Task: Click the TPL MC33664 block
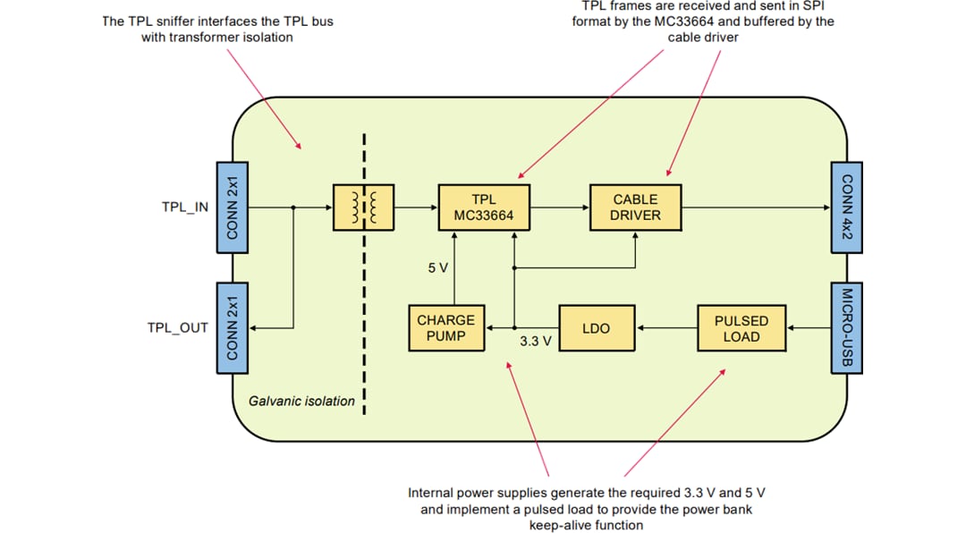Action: pyautogui.click(x=484, y=207)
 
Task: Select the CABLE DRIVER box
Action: pyautogui.click(x=635, y=207)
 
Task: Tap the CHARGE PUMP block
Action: pyautogui.click(x=445, y=328)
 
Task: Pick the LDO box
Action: pyautogui.click(x=596, y=328)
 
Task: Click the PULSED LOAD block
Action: pyautogui.click(x=741, y=328)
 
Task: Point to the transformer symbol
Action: pyautogui.click(x=362, y=207)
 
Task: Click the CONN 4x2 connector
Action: pyautogui.click(x=847, y=207)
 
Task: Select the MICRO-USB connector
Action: pyautogui.click(x=847, y=328)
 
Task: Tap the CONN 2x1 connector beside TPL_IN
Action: pyautogui.click(x=232, y=207)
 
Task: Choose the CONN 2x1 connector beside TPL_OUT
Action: pyautogui.click(x=232, y=328)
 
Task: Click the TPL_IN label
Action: pyautogui.click(x=184, y=207)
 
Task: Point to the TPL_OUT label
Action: pyautogui.click(x=177, y=328)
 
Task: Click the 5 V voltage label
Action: pyautogui.click(x=437, y=267)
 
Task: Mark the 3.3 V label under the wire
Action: pyautogui.click(x=535, y=341)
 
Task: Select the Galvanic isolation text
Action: pyautogui.click(x=301, y=402)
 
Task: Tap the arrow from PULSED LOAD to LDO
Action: pyautogui.click(x=665, y=328)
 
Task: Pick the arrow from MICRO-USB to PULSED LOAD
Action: pyautogui.click(x=809, y=328)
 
